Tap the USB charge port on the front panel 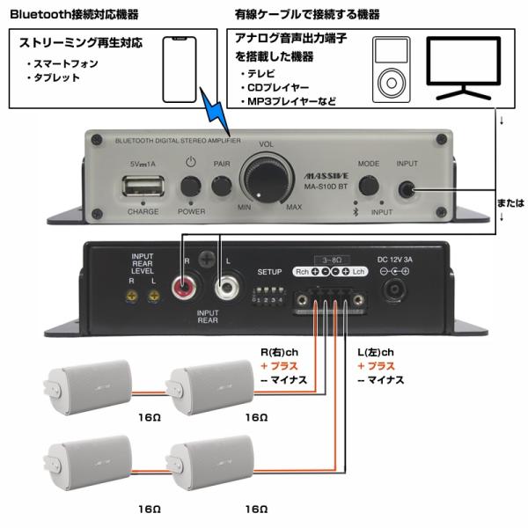tap(143, 187)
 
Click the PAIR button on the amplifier tap(221, 186)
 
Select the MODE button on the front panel tap(368, 186)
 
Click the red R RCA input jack tap(187, 287)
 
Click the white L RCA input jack tap(227, 287)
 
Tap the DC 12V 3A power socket tap(393, 286)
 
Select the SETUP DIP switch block tap(269, 290)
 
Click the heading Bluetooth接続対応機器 tap(74, 15)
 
